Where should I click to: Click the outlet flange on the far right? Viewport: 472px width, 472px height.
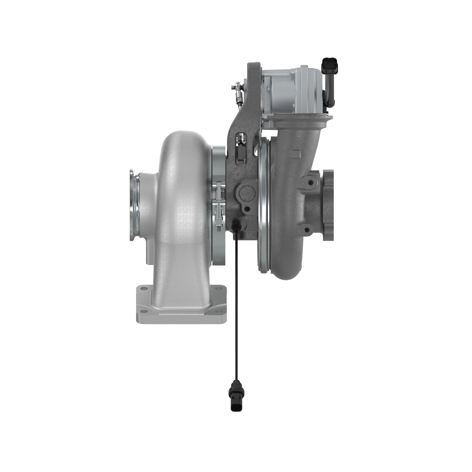click(329, 205)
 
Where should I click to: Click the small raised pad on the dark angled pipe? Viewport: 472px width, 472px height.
click(296, 151)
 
